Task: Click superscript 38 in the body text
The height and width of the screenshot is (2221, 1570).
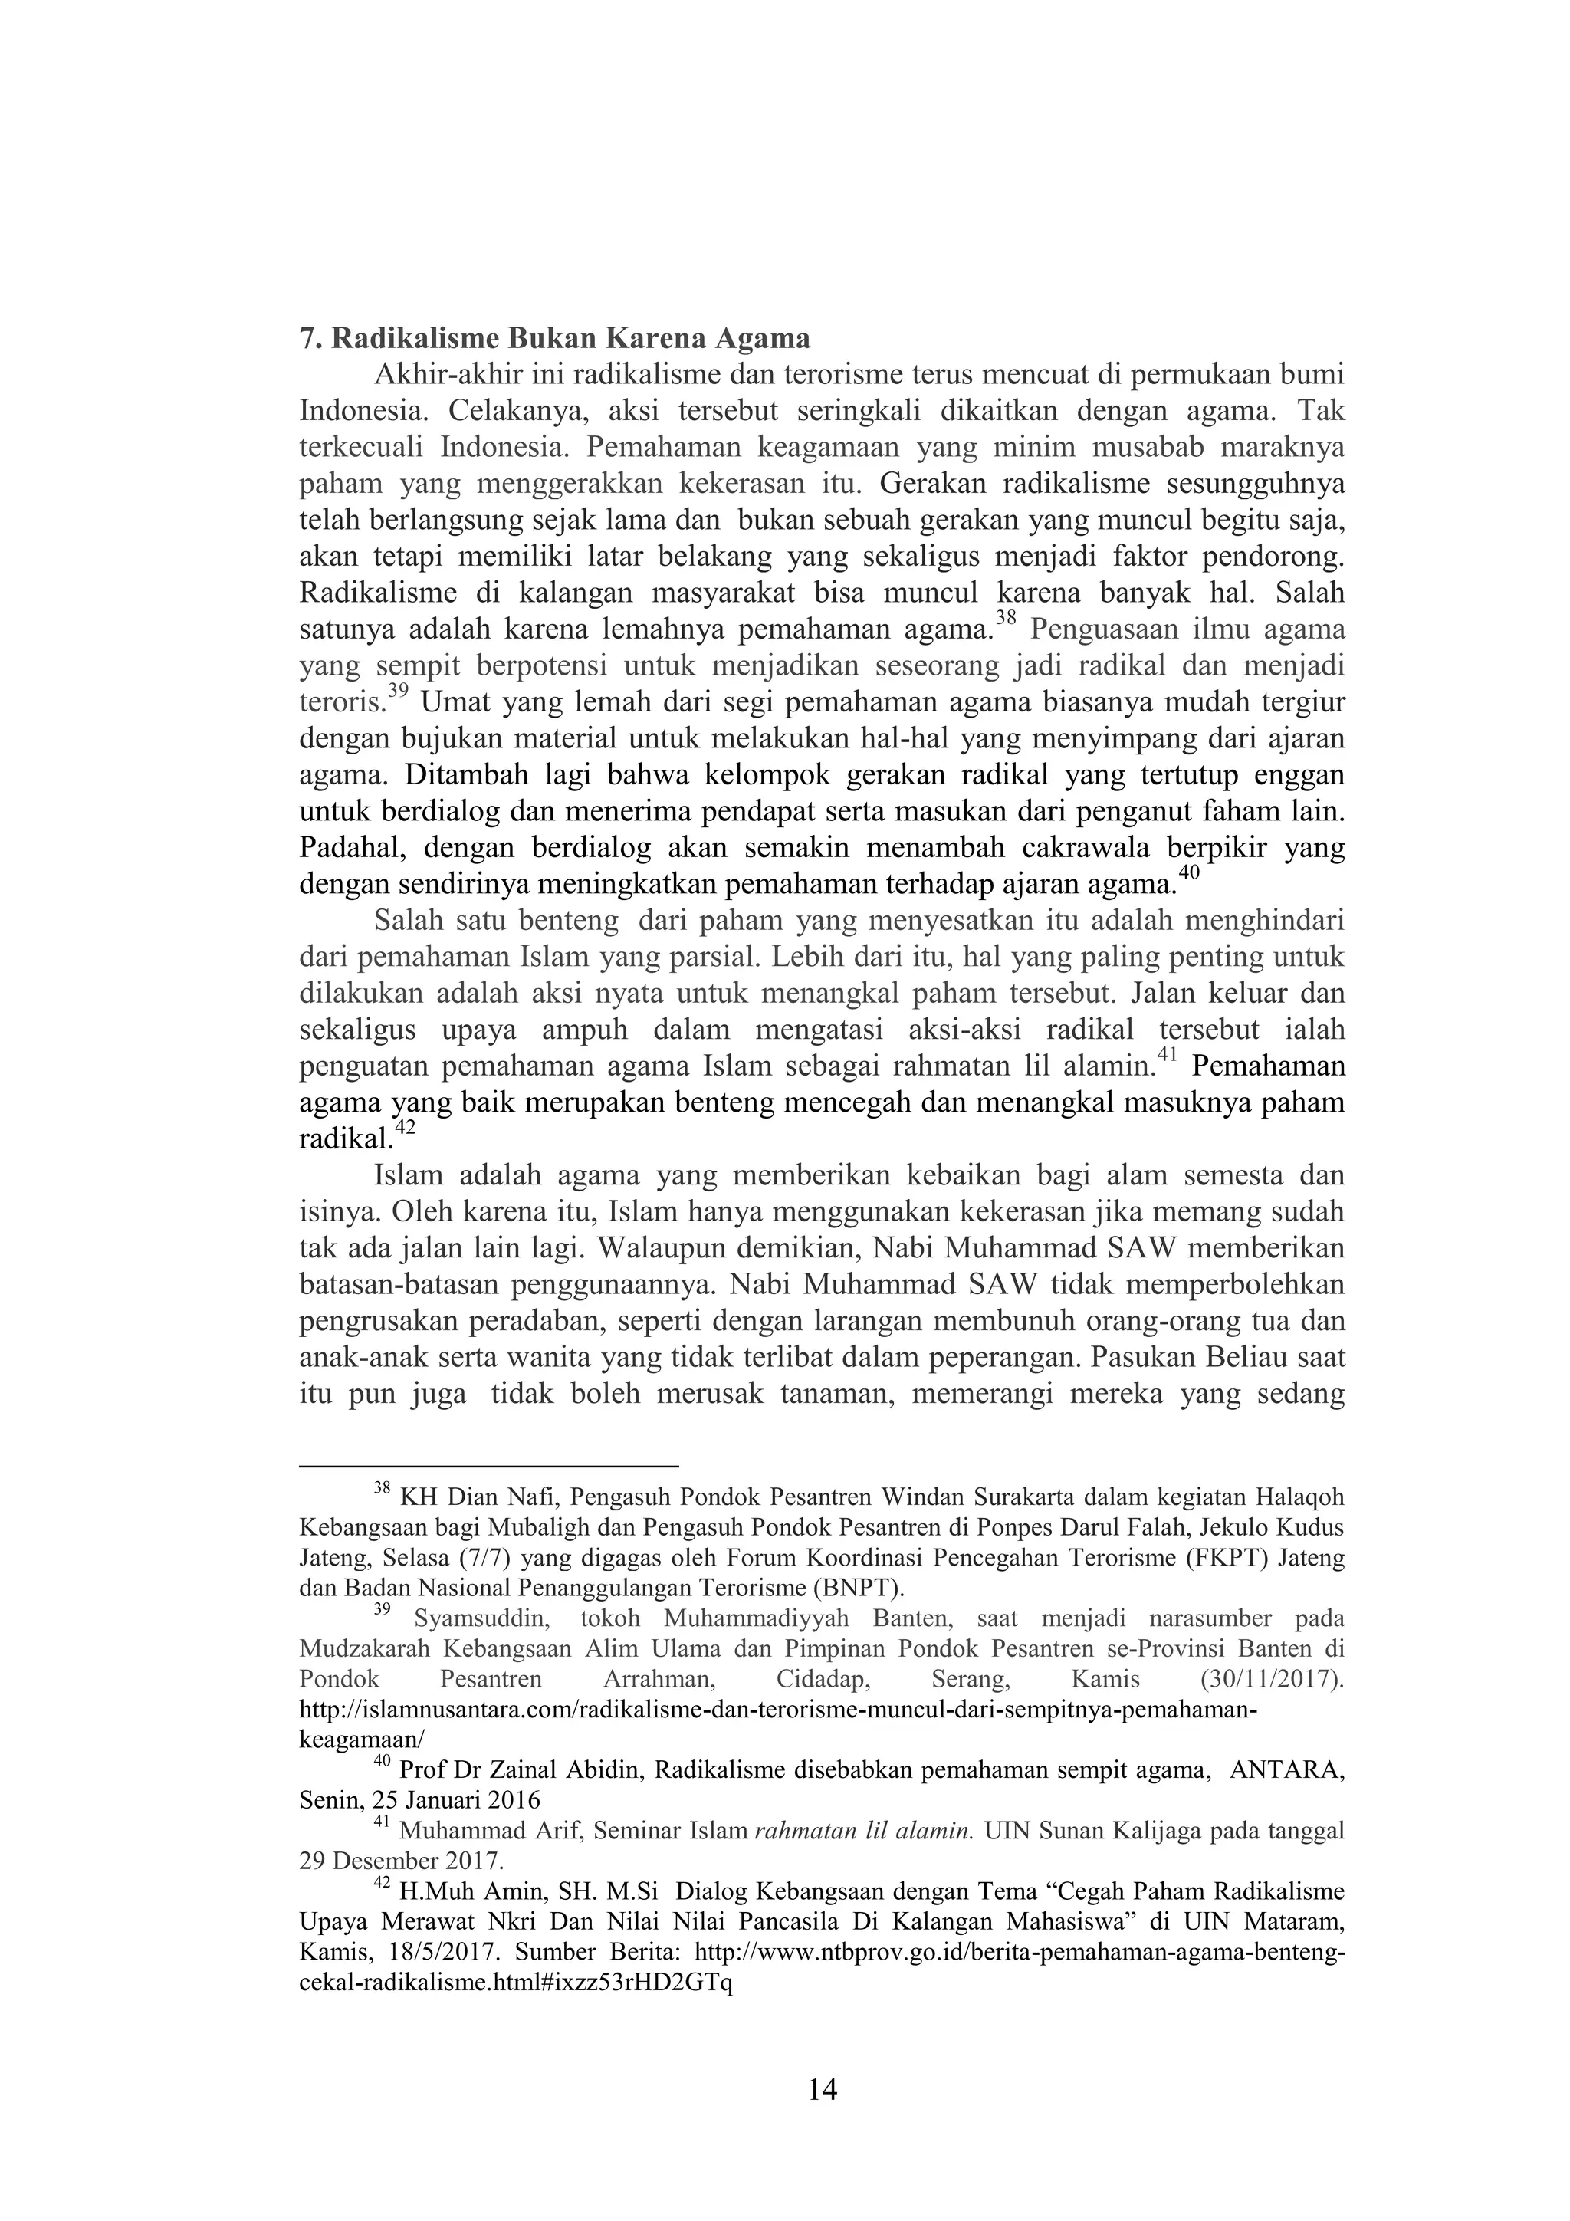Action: (1006, 619)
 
